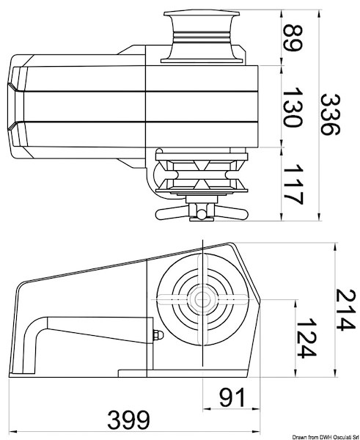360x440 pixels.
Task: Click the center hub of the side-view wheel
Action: [201, 299]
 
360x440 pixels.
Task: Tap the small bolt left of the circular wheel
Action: [156, 336]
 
